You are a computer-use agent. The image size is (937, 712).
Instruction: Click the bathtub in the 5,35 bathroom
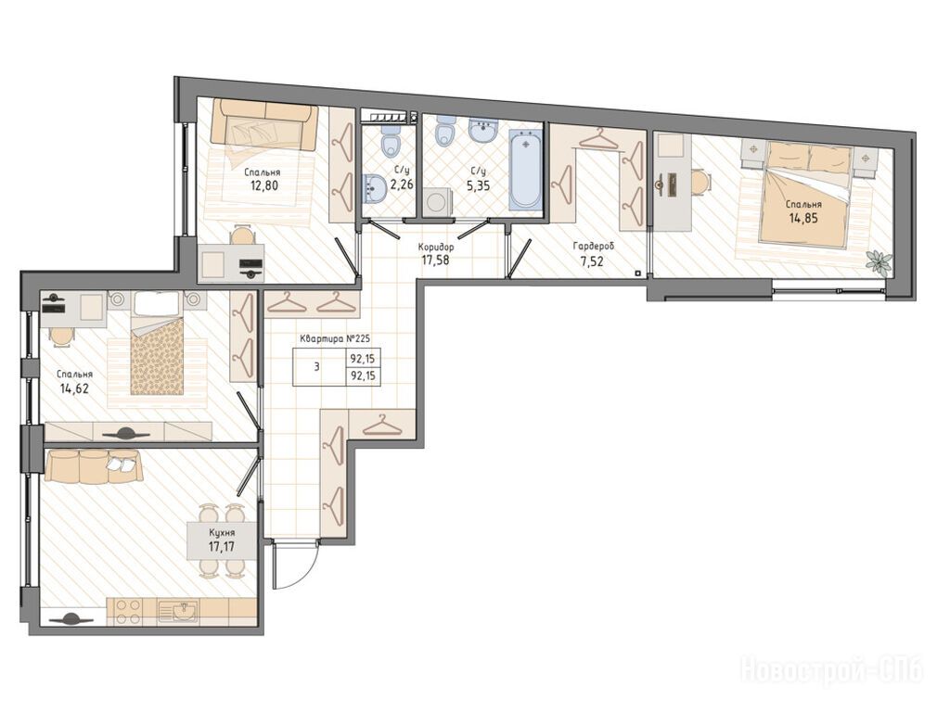[525, 171]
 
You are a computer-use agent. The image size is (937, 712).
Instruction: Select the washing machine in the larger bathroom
[436, 202]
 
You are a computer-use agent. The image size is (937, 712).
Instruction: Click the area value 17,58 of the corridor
[435, 260]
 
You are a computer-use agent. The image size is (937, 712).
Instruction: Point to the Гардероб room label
[594, 246]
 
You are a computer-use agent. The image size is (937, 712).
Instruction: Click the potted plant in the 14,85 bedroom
[879, 261]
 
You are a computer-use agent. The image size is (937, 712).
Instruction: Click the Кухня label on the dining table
[222, 533]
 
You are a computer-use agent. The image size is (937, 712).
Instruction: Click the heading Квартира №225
[335, 338]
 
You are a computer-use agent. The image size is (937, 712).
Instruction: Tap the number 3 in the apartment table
[316, 366]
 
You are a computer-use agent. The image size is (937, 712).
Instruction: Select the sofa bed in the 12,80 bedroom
[264, 125]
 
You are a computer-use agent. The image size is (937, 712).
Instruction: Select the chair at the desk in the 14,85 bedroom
[700, 181]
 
